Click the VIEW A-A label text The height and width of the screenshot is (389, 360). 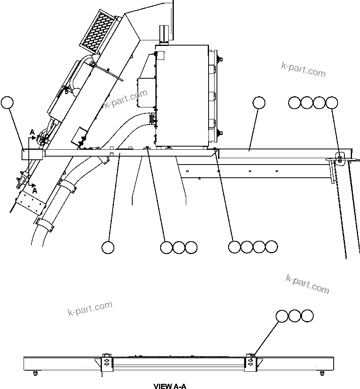coord(170,386)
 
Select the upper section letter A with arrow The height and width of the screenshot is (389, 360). coord(32,132)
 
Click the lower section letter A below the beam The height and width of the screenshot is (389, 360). coord(34,191)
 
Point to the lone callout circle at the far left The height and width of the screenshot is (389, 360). coord(7,102)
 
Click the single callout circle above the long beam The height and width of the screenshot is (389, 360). coord(259,103)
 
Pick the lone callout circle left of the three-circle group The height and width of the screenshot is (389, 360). coord(108,247)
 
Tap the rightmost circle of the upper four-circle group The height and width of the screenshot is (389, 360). coord(332,103)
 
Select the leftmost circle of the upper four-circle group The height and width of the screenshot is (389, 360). coord(294,103)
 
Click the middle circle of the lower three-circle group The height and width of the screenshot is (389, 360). coord(179,247)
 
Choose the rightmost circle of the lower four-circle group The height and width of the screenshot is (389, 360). coord(271,247)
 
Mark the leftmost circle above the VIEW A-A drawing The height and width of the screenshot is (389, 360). coord(282,316)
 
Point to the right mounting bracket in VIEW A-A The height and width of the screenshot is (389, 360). coord(252,363)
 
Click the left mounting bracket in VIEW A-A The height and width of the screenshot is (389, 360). coord(107,363)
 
